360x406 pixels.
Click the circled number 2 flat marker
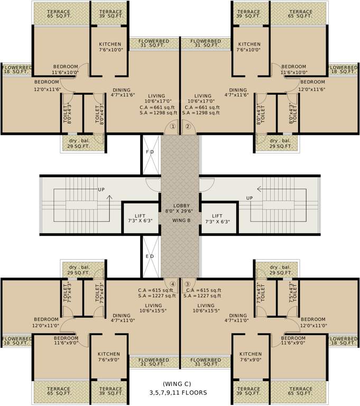coord(187,126)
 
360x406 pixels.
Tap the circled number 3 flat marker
coord(187,284)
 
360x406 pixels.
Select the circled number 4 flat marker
coord(172,284)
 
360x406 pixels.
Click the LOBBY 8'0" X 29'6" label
coord(180,209)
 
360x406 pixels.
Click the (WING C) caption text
coord(179,384)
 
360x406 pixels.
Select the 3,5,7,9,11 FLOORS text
coord(179,393)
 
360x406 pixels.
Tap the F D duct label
coord(150,152)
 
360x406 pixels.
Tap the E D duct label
coord(150,256)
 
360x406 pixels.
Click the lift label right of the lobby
coord(217,218)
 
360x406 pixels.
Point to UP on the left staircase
coord(101,189)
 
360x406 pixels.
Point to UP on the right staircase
coord(249,198)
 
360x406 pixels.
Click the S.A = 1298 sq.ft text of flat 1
coord(153,113)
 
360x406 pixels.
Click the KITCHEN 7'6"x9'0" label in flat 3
coord(250,357)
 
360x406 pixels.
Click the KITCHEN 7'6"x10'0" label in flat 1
coord(110,48)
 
